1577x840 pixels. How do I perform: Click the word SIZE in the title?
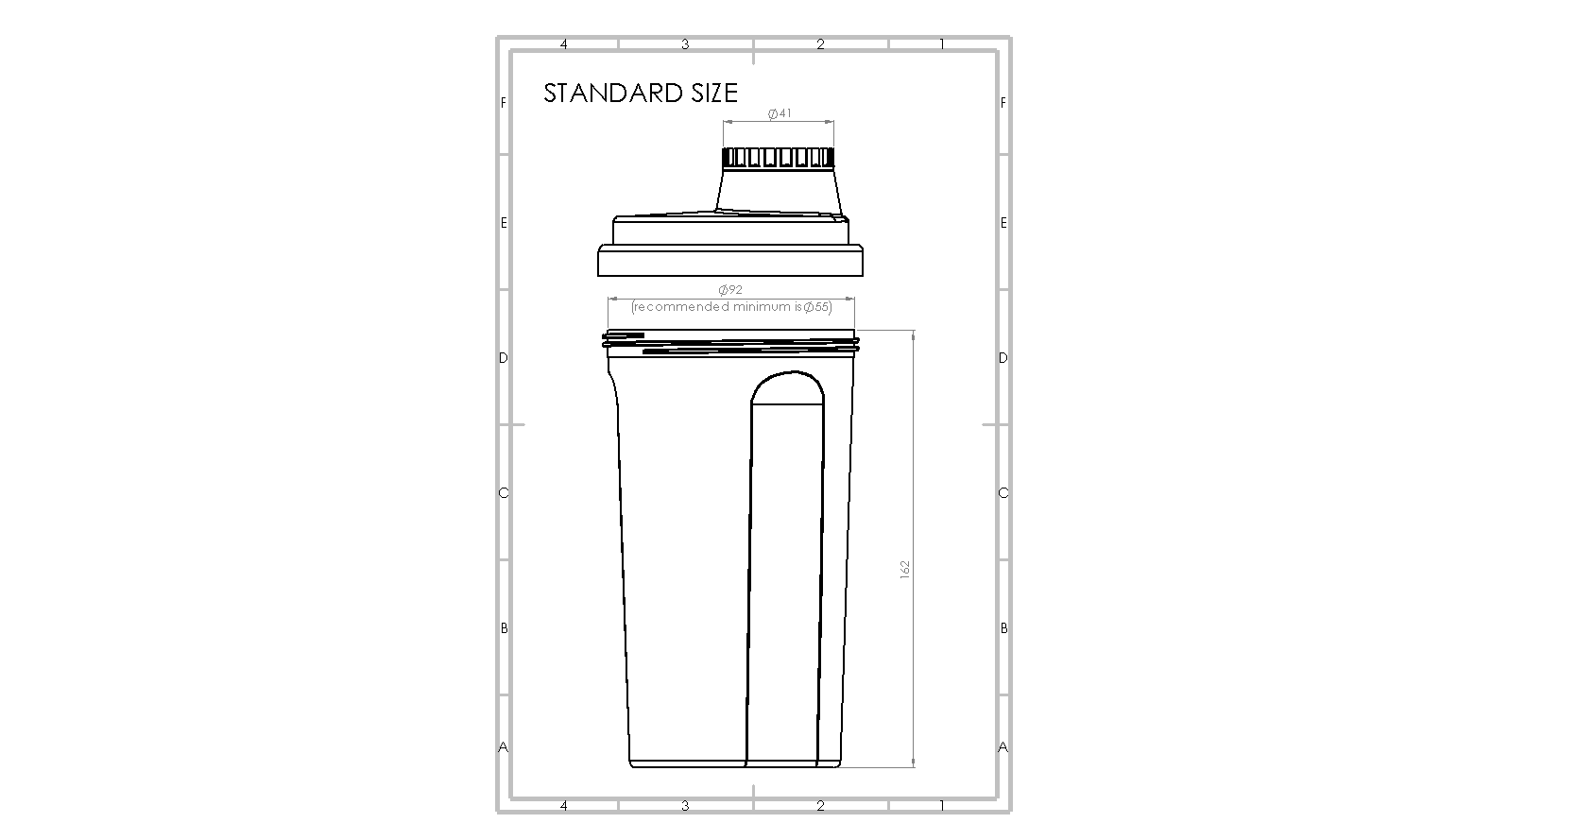point(714,93)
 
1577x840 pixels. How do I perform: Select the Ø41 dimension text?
point(780,113)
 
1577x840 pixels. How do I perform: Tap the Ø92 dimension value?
point(730,289)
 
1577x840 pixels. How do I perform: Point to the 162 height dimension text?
point(905,570)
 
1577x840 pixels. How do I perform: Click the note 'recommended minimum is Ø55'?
point(731,307)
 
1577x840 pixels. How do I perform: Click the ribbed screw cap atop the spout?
point(778,158)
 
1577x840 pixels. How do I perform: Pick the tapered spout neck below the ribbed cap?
point(778,190)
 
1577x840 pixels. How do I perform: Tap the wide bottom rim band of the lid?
point(730,261)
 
